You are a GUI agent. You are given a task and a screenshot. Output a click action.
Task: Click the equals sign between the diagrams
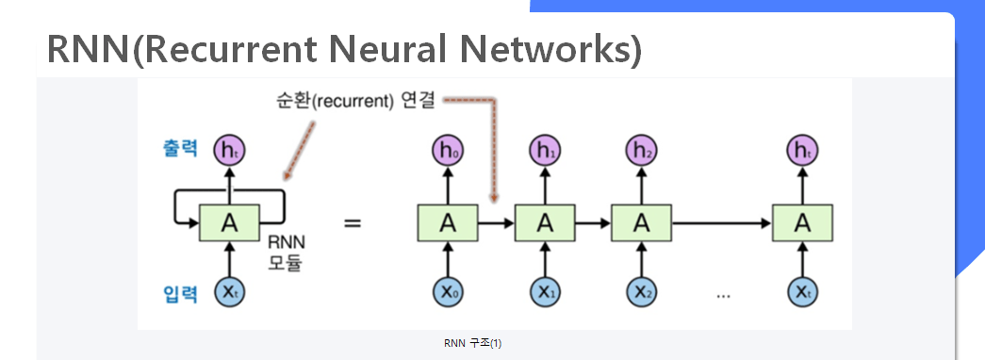click(x=352, y=224)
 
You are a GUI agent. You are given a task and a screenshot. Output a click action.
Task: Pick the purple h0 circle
click(x=447, y=149)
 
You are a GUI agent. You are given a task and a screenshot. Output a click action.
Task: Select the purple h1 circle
click(x=543, y=149)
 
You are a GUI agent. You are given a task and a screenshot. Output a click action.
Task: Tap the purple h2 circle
click(x=641, y=149)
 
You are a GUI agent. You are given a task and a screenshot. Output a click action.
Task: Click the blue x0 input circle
click(x=447, y=292)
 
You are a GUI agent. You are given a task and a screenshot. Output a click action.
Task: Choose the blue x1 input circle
click(x=543, y=292)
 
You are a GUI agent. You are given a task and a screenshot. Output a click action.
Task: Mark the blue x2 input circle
click(x=641, y=292)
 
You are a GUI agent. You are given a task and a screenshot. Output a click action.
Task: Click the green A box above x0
click(x=447, y=223)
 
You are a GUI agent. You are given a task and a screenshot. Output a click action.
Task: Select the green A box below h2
click(x=641, y=223)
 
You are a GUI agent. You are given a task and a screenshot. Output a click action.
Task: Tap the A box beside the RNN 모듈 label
click(x=228, y=223)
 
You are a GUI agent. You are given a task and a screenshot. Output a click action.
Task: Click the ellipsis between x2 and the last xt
click(x=723, y=296)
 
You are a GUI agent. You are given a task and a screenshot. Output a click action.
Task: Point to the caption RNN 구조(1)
click(x=472, y=343)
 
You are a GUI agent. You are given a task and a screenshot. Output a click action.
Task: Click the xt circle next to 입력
click(x=228, y=292)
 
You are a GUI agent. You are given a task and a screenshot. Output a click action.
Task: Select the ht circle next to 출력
click(x=228, y=149)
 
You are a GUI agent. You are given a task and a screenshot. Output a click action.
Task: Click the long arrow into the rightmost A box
click(x=721, y=223)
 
